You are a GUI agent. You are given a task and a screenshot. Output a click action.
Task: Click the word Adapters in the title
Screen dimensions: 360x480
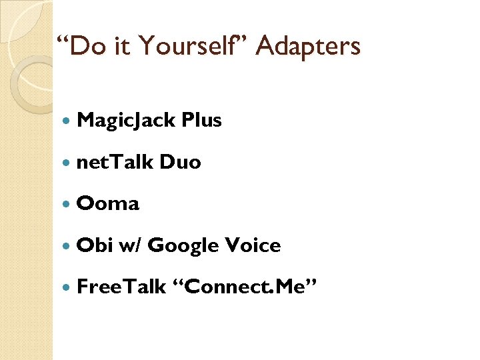pos(308,47)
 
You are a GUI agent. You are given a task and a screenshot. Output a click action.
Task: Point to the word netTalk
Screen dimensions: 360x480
pos(115,162)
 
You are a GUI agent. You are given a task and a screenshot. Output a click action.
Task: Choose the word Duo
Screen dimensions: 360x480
pos(180,162)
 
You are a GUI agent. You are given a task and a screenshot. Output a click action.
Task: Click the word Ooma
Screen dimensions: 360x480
pos(108,204)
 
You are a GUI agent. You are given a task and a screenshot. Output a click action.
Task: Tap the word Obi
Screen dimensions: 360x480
pos(95,245)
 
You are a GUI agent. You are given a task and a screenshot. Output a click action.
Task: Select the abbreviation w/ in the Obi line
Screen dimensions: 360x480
pos(130,246)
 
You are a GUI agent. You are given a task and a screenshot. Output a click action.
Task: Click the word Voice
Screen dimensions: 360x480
pos(253,245)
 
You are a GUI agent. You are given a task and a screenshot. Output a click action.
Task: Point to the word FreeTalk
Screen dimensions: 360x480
pos(121,287)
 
